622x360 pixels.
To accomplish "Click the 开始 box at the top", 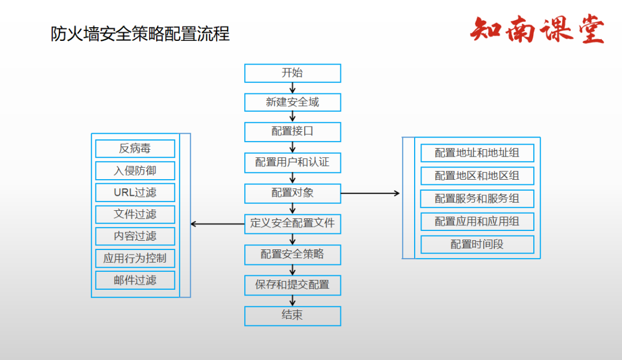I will [x=293, y=73].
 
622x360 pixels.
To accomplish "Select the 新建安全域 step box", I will [x=293, y=103].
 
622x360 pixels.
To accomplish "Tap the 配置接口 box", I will [x=293, y=131].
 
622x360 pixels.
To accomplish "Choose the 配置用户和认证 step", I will [x=293, y=162].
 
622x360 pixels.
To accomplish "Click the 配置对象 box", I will [x=293, y=193].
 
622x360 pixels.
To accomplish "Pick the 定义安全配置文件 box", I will [x=293, y=223].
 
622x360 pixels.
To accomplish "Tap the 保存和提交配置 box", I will [x=293, y=285].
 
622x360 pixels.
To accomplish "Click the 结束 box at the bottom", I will [x=293, y=316].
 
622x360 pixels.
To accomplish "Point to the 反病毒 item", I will [x=135, y=149].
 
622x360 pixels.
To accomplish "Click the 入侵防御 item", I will [x=135, y=170].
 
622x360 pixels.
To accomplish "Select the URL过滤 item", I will [x=135, y=192].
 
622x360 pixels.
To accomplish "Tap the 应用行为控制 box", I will [x=135, y=259].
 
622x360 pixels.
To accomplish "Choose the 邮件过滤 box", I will [x=135, y=281].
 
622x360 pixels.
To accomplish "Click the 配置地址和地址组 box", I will [x=477, y=153].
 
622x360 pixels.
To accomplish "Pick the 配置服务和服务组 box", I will [x=477, y=199].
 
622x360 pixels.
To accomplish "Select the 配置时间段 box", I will [x=477, y=244].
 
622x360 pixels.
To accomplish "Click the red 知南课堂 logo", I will [x=537, y=30].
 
